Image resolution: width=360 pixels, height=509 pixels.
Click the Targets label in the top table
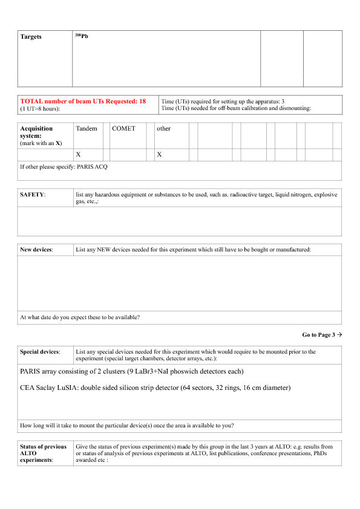point(31,37)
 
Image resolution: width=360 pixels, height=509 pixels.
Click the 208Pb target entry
point(81,37)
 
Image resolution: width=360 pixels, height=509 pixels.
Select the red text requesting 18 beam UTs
point(83,101)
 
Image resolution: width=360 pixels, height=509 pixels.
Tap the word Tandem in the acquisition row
point(87,129)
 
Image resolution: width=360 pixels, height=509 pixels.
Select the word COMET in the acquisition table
point(123,129)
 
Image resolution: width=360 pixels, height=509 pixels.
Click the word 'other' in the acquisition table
point(163,129)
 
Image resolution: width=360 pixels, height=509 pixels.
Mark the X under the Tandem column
point(78,155)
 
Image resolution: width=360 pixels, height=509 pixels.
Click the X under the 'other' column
point(159,155)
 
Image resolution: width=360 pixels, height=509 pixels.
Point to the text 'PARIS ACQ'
point(91,166)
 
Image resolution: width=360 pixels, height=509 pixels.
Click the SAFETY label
point(31,194)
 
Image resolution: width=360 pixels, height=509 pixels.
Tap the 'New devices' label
point(36,249)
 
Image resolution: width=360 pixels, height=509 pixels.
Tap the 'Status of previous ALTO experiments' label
point(44,453)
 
